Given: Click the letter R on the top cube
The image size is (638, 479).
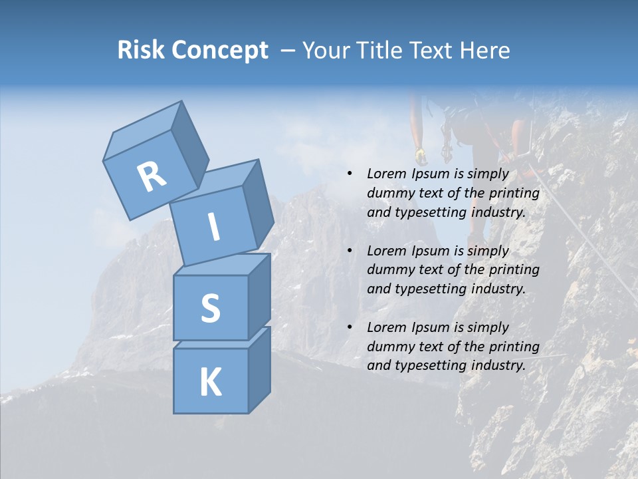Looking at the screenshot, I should pyautogui.click(x=152, y=176).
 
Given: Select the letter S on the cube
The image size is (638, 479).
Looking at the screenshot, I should pyautogui.click(x=210, y=308).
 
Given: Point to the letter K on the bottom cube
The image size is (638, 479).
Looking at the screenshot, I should pyautogui.click(x=210, y=383).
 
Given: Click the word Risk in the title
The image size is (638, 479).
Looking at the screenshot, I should pyautogui.click(x=142, y=51).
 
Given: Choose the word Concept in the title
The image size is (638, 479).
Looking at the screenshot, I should pyautogui.click(x=221, y=51).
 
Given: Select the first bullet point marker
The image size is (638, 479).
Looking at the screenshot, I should pyautogui.click(x=350, y=174).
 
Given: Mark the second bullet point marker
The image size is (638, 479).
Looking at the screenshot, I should pyautogui.click(x=350, y=251).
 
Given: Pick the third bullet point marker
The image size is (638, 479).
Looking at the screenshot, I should pyautogui.click(x=350, y=328).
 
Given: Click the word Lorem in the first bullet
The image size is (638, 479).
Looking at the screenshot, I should pyautogui.click(x=385, y=174).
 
